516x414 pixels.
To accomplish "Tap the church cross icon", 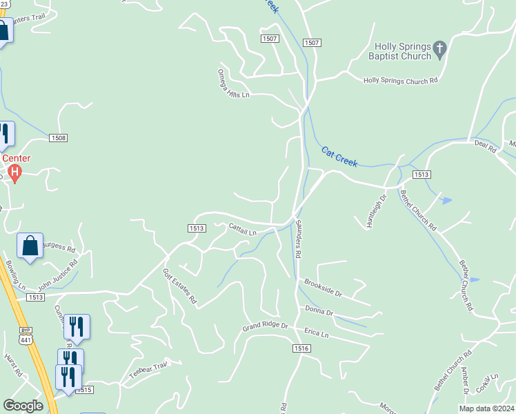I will (x=439, y=49).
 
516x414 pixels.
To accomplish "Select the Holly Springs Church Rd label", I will (x=401, y=80).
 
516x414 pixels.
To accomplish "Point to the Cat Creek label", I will (x=339, y=156).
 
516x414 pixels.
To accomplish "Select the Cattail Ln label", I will (x=242, y=228).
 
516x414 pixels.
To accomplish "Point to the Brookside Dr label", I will (x=323, y=288).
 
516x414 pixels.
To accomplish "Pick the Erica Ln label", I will (x=316, y=333).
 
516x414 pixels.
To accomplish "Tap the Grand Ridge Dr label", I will (x=264, y=325).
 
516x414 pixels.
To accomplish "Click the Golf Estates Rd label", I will (x=180, y=286).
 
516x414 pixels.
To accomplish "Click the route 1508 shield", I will (x=59, y=138).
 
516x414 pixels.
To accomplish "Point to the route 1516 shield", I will (x=301, y=350).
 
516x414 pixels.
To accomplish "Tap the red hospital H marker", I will (x=15, y=170).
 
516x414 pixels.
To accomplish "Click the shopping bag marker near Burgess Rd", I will (x=30, y=246).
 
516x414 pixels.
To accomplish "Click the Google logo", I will (x=23, y=406).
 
